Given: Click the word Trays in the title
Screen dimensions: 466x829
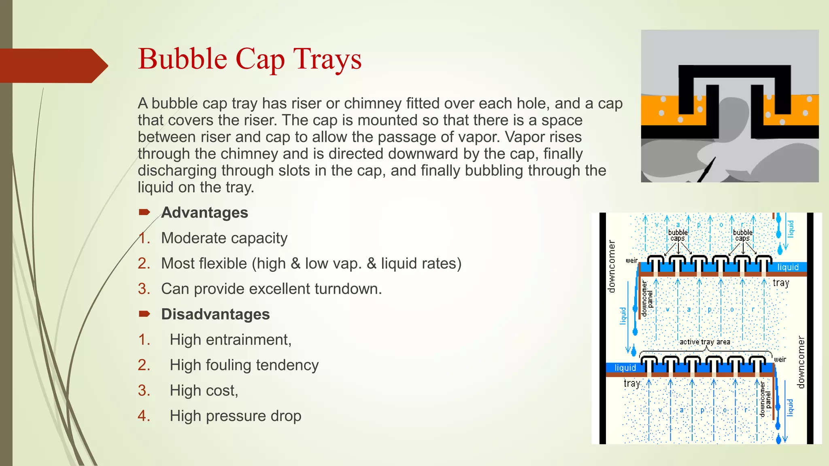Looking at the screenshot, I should click(327, 59).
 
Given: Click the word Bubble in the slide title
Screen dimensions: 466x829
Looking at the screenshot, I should click(182, 59).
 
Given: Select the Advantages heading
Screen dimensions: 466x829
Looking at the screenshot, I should click(204, 213).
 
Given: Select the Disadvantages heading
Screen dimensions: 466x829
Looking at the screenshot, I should click(215, 314).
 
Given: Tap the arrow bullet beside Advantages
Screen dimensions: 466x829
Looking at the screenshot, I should click(145, 212).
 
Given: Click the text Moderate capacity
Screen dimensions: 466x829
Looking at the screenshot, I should click(224, 238).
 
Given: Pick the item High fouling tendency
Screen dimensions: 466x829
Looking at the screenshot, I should click(244, 365).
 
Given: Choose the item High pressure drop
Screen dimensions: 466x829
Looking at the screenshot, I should click(235, 416).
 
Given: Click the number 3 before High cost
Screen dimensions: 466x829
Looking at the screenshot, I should click(144, 391).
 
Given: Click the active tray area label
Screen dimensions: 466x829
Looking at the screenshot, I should click(705, 342).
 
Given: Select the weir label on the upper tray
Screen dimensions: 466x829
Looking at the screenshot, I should click(631, 261).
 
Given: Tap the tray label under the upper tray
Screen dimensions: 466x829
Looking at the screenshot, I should click(781, 283).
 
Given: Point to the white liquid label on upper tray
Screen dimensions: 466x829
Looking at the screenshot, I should click(788, 267).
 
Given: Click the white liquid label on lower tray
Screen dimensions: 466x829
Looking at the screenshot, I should click(625, 368).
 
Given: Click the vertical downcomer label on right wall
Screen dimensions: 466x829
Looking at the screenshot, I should click(800, 362).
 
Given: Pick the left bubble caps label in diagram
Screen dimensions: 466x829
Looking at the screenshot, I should click(678, 235).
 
